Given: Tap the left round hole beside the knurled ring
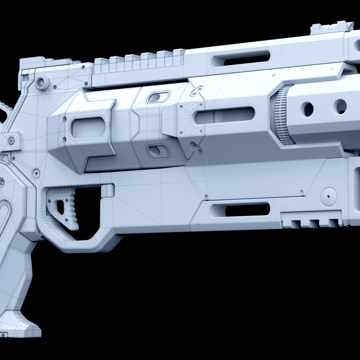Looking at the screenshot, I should tap(308, 109).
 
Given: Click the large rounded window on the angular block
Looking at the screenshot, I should tap(88, 128).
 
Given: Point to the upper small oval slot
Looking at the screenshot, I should tap(155, 97).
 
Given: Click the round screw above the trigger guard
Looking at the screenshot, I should tap(36, 173).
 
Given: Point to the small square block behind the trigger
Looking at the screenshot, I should tap(107, 191).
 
